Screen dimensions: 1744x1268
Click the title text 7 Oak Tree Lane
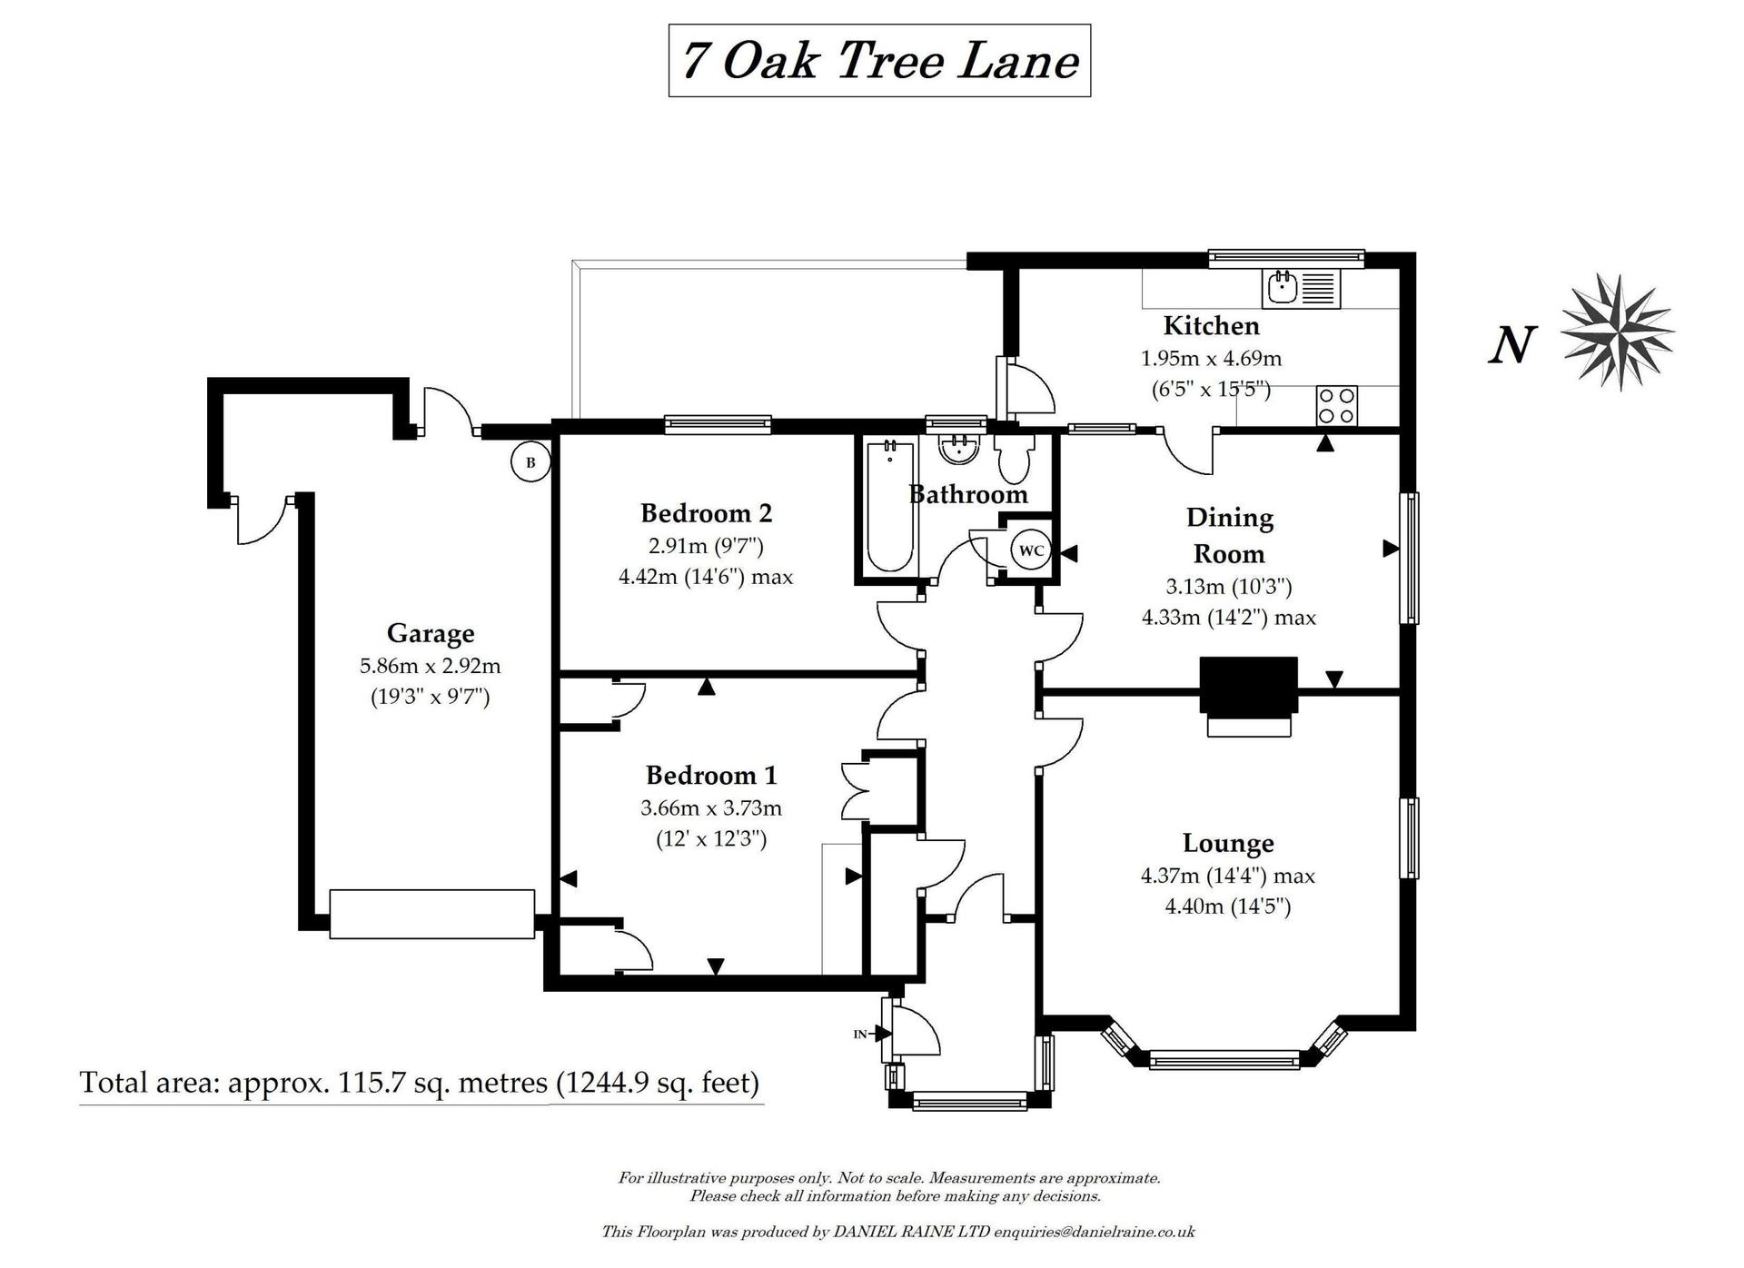tap(879, 61)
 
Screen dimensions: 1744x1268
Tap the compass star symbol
tap(1618, 332)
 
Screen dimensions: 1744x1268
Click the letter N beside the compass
tap(1512, 346)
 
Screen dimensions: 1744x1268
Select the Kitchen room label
tap(1211, 325)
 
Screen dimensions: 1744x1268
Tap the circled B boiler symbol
tap(530, 462)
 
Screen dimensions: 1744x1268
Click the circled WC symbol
tap(1031, 550)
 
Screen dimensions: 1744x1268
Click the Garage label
tap(430, 633)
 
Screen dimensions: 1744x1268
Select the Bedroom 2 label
tap(706, 513)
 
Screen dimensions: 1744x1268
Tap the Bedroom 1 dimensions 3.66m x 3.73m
tap(711, 807)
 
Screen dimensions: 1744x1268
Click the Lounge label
tap(1228, 843)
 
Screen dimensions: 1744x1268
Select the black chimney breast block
tap(1248, 686)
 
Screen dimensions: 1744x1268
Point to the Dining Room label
tap(1229, 535)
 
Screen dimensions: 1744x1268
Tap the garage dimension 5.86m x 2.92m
tap(430, 666)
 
